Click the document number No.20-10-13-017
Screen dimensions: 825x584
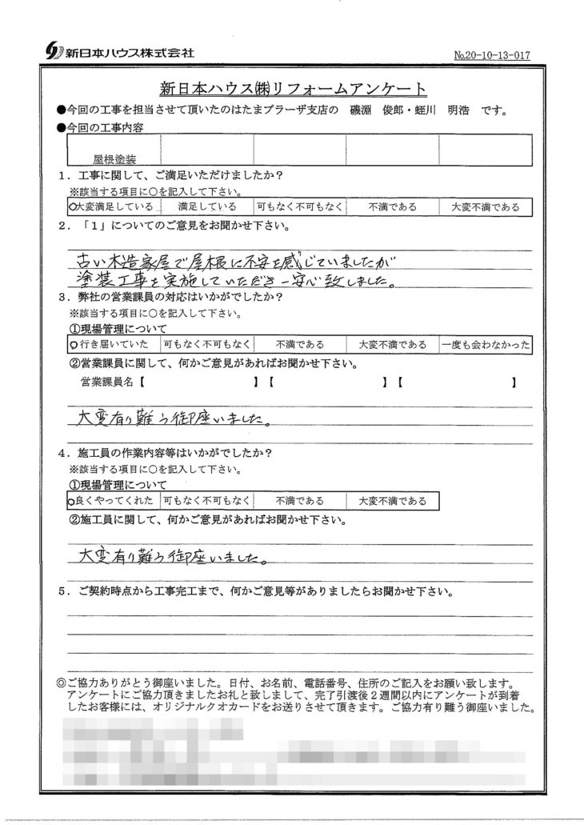(x=490, y=55)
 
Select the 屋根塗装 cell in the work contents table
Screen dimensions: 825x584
(x=114, y=159)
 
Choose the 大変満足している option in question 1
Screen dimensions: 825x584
(x=114, y=206)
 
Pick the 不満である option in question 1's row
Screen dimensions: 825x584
(x=392, y=206)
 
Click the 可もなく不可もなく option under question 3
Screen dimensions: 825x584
(x=206, y=344)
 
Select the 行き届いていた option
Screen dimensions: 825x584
(x=114, y=344)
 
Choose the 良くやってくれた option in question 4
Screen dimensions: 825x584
(x=114, y=501)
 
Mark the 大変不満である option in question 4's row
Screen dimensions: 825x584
(x=392, y=501)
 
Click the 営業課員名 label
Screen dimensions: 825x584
(x=108, y=383)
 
